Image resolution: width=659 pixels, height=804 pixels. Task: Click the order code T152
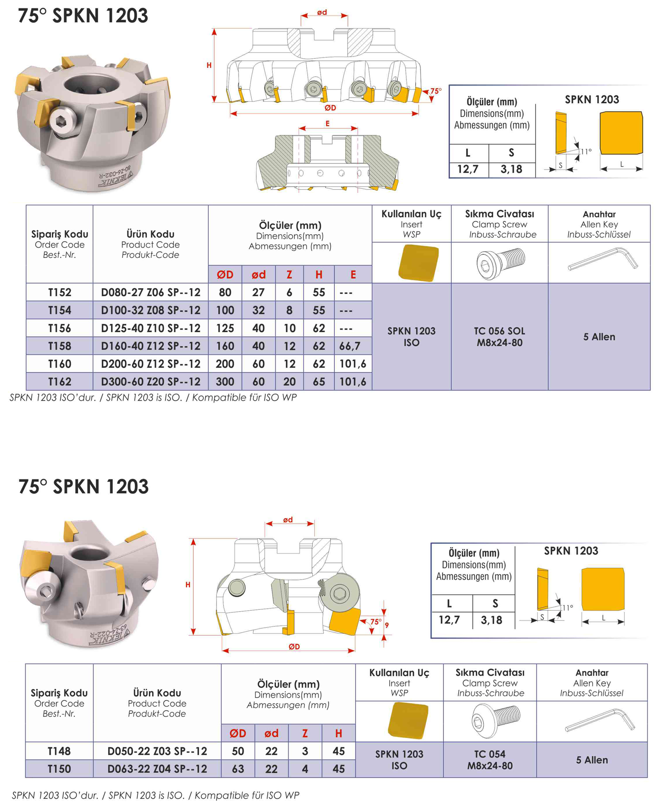point(59,293)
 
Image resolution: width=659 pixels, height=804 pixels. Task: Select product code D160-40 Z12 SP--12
point(151,346)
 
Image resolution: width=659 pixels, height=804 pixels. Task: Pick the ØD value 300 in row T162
point(225,382)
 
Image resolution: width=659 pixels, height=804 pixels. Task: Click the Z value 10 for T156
point(289,328)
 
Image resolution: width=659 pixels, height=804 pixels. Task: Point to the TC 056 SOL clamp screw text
point(500,331)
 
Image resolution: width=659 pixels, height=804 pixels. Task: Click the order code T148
point(59,751)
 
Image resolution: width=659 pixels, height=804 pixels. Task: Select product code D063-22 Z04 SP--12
point(157,769)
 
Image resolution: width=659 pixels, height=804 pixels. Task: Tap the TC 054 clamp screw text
point(490,754)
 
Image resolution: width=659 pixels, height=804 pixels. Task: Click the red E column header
point(353,275)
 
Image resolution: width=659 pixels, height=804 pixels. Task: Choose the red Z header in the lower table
point(305,733)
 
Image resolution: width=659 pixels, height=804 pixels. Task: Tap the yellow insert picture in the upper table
point(419,263)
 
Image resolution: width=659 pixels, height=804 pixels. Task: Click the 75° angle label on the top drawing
point(435,91)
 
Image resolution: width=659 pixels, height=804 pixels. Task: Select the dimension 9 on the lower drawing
point(387,625)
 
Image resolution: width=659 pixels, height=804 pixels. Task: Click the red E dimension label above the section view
point(327,124)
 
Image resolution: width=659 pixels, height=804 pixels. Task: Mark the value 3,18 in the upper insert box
point(511,169)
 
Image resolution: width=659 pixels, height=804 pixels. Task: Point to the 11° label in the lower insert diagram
point(568,608)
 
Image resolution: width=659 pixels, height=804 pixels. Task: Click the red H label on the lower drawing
point(188,585)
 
